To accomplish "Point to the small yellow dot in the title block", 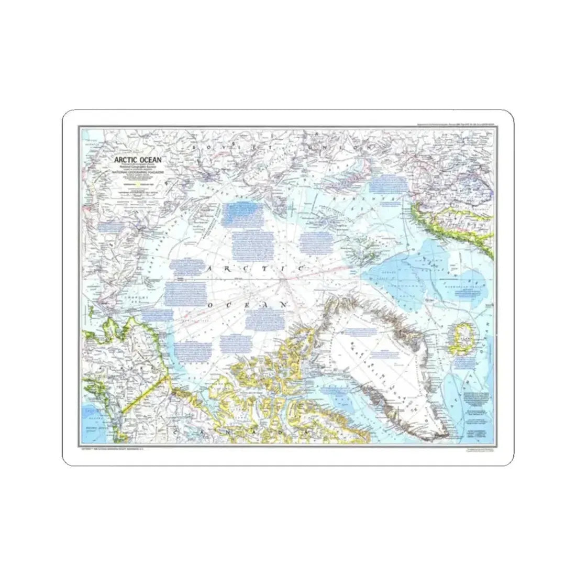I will (x=137, y=184).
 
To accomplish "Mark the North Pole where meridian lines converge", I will (x=284, y=283).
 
